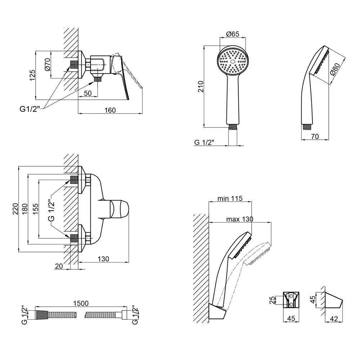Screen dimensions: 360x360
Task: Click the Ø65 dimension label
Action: point(233,34)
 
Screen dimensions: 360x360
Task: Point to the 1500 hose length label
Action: point(81,303)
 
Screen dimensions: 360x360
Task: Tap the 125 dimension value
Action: point(32,75)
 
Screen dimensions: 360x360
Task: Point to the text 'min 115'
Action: point(230,198)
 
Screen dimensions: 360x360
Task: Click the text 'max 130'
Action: point(240,219)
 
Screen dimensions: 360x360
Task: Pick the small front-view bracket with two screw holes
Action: point(292,300)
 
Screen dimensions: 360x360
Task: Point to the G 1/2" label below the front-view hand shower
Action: point(204,142)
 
